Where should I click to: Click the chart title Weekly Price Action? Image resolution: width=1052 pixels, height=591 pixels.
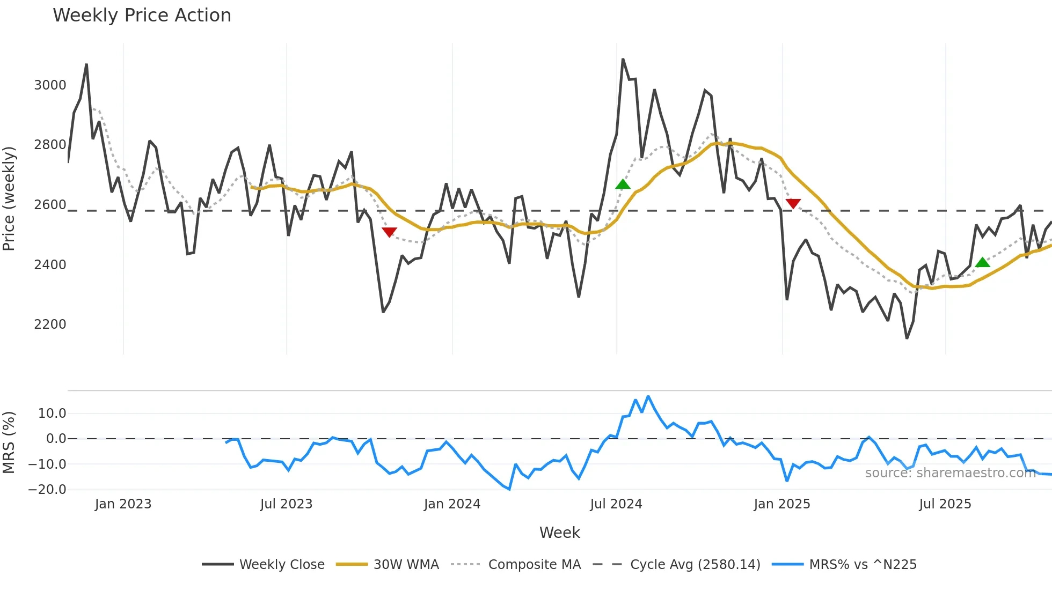142,16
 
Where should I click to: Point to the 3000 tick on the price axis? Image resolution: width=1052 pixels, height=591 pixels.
50,85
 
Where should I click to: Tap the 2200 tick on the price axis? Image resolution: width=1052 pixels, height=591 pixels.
50,324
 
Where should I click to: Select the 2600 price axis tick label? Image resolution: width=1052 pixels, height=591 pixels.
50,205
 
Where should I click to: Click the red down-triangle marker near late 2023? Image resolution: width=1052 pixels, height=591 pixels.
389,232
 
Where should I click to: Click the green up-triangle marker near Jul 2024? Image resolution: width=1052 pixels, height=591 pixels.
623,184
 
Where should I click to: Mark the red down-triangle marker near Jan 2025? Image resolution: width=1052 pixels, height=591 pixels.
793,203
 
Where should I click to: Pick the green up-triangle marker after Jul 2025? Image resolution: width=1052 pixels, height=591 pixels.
982,262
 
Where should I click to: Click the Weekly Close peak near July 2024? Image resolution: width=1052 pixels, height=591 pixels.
623,59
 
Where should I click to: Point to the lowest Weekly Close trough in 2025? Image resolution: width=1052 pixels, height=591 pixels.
907,338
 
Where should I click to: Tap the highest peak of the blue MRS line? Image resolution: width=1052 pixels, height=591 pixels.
648,396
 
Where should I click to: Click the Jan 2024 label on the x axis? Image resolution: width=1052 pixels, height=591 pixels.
452,504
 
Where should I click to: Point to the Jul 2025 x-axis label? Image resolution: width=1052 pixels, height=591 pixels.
945,504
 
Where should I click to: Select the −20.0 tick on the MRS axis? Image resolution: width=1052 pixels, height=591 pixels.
47,490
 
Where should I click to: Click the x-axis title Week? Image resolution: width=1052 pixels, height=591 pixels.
559,533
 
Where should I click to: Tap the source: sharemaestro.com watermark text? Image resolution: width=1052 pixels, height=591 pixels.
950,473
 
